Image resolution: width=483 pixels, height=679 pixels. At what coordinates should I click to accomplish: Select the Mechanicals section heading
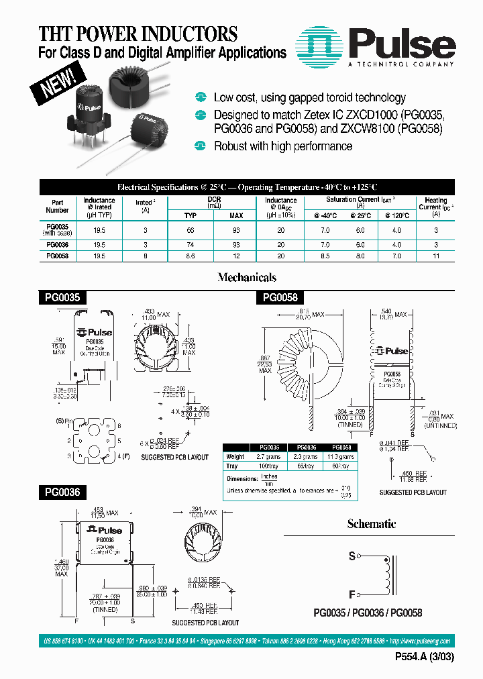247,277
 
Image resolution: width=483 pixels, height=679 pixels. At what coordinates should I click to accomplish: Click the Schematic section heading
371,523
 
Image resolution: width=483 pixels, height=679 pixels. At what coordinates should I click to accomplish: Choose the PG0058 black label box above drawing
279,297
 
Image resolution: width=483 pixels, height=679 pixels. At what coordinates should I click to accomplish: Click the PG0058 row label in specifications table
57,256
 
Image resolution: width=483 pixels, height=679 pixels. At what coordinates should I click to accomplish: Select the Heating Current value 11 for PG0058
435,256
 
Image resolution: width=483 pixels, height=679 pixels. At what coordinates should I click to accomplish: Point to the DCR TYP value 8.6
191,256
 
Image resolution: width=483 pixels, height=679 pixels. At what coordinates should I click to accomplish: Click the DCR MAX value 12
236,256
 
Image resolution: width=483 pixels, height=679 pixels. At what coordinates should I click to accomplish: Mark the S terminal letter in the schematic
352,556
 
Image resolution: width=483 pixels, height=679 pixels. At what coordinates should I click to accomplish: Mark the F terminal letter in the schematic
352,594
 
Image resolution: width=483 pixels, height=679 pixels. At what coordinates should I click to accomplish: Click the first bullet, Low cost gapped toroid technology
309,98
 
